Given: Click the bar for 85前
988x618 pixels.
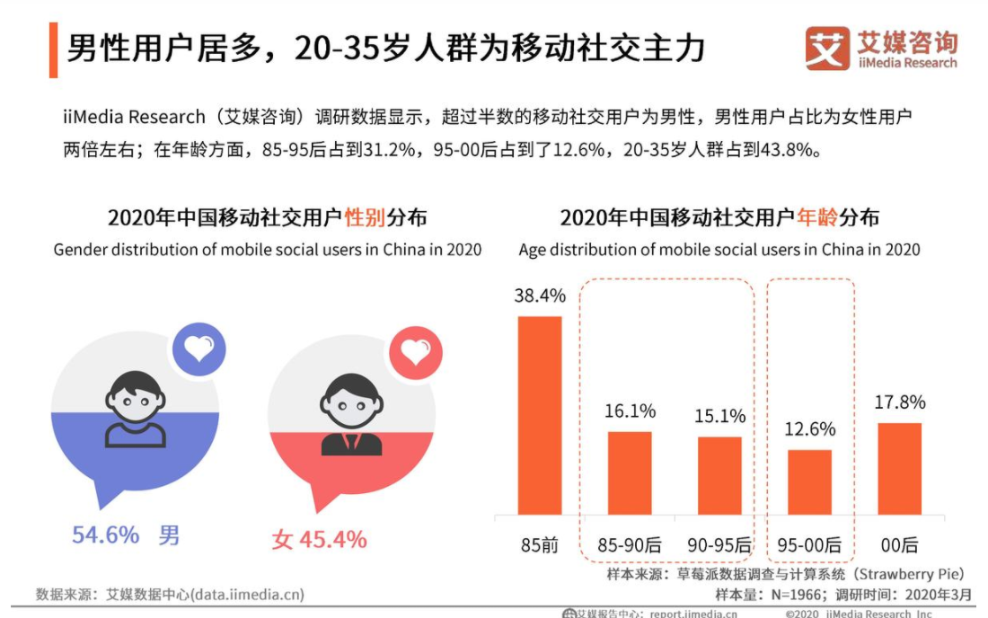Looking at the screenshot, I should click(540, 416).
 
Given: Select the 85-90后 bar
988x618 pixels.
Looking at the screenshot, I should click(630, 473).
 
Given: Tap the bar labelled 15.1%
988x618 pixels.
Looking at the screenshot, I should click(719, 476).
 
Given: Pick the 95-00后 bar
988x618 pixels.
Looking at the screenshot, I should click(809, 482).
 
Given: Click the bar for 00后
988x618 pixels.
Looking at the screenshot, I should click(899, 469).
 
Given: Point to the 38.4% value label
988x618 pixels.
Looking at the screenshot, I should click(540, 296).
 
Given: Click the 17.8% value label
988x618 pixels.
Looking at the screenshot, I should click(899, 402).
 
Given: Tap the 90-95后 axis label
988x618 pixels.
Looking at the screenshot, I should click(719, 544).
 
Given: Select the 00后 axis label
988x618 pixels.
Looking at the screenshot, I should click(899, 544).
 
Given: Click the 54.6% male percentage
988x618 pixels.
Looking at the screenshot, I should click(105, 536).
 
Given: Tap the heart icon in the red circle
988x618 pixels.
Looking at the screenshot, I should click(416, 353).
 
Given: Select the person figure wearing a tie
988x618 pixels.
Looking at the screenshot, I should click(350, 415).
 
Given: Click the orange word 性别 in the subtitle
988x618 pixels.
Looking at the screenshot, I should click(364, 217).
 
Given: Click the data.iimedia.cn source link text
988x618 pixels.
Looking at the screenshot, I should click(244, 594).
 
